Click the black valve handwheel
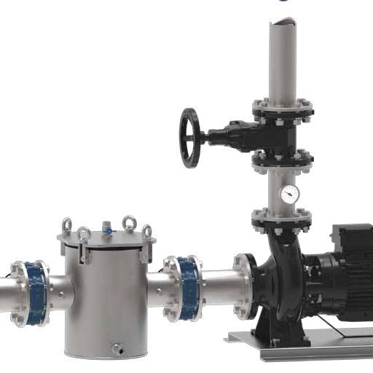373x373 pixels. (x=191, y=138)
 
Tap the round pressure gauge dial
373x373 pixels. (x=289, y=194)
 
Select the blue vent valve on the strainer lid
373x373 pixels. (x=108, y=228)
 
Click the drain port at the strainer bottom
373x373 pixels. (x=115, y=350)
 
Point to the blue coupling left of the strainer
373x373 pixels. (x=33, y=292)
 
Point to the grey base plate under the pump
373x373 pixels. (x=306, y=350)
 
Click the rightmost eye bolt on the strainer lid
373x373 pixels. (x=147, y=232)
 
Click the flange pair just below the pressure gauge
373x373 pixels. (x=282, y=219)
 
